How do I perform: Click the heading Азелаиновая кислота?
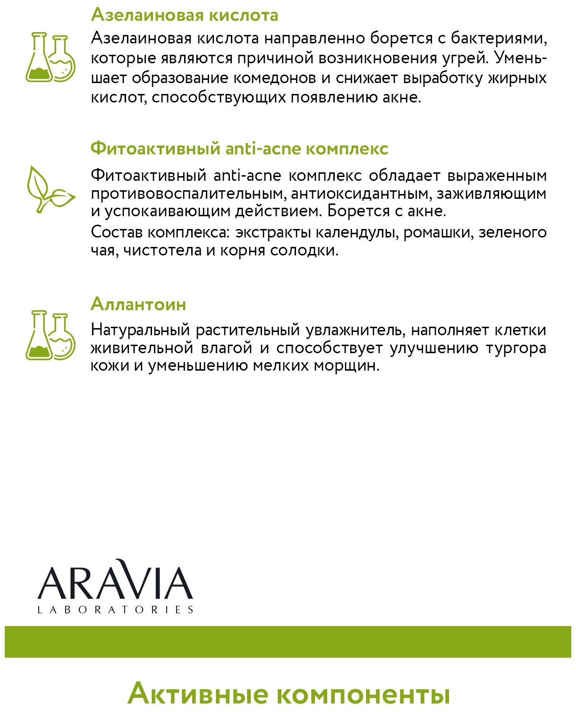pos(184,15)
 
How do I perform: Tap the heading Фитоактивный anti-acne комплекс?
pos(239,149)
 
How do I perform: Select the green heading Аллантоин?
pos(138,304)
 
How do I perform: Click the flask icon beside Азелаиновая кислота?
pos(50,58)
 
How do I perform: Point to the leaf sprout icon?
pos(50,189)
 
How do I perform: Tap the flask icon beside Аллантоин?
pos(50,335)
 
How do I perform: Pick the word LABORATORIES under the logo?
pos(115,610)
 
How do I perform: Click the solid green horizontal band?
pos(288,642)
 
